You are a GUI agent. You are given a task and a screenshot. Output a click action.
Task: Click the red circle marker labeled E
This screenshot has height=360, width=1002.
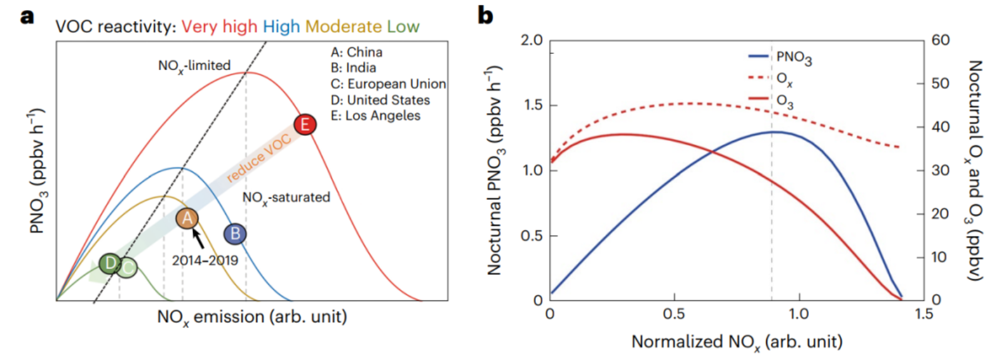pyautogui.click(x=305, y=125)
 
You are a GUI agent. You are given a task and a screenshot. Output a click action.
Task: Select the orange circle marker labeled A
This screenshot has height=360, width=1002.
pyautogui.click(x=187, y=219)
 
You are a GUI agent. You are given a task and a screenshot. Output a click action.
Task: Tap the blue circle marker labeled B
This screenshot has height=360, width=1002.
pyautogui.click(x=235, y=234)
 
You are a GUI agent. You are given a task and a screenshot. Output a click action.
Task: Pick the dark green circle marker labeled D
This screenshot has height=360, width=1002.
pyautogui.click(x=110, y=264)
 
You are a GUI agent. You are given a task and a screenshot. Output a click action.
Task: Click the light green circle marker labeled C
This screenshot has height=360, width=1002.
pyautogui.click(x=127, y=269)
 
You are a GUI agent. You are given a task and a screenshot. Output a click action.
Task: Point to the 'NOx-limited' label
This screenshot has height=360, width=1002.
pyautogui.click(x=194, y=66)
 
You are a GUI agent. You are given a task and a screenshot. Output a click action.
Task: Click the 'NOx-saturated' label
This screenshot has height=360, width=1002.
pyautogui.click(x=286, y=198)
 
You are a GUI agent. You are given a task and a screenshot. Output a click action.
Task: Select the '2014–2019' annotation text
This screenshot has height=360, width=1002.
pyautogui.click(x=205, y=260)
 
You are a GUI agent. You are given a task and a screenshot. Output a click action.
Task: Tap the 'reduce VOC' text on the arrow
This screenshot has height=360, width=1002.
pyautogui.click(x=258, y=158)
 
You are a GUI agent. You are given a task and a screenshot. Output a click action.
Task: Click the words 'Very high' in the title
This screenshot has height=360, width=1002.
pyautogui.click(x=219, y=27)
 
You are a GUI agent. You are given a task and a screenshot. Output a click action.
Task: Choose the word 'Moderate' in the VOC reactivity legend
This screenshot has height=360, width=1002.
pyautogui.click(x=344, y=27)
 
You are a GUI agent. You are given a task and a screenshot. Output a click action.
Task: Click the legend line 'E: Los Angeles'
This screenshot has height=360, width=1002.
pyautogui.click(x=376, y=116)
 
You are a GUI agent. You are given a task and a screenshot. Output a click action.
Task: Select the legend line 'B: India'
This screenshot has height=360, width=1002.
pyautogui.click(x=354, y=68)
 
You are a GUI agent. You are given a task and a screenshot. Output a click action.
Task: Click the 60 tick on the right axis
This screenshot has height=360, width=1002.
pyautogui.click(x=940, y=40)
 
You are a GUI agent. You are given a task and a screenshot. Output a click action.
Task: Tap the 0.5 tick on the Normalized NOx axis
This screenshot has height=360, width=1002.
pyautogui.click(x=674, y=314)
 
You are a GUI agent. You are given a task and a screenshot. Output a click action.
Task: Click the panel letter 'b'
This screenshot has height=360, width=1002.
pyautogui.click(x=485, y=15)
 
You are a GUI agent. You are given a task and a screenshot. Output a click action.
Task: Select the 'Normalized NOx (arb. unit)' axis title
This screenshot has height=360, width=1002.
pyautogui.click(x=737, y=342)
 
